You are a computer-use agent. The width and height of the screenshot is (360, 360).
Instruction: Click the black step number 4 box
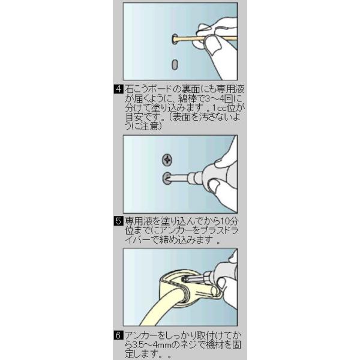coord(119,89)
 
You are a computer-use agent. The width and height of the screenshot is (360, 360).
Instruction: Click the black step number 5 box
coord(118,221)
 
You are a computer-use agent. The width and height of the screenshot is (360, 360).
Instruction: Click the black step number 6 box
coord(118,335)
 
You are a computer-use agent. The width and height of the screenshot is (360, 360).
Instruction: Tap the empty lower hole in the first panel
coord(175,65)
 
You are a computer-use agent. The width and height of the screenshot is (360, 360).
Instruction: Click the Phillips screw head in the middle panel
coord(167,160)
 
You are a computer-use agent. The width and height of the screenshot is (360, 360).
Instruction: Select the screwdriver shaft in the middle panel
coord(178,178)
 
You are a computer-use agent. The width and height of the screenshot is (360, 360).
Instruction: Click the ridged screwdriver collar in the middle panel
coord(194,177)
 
